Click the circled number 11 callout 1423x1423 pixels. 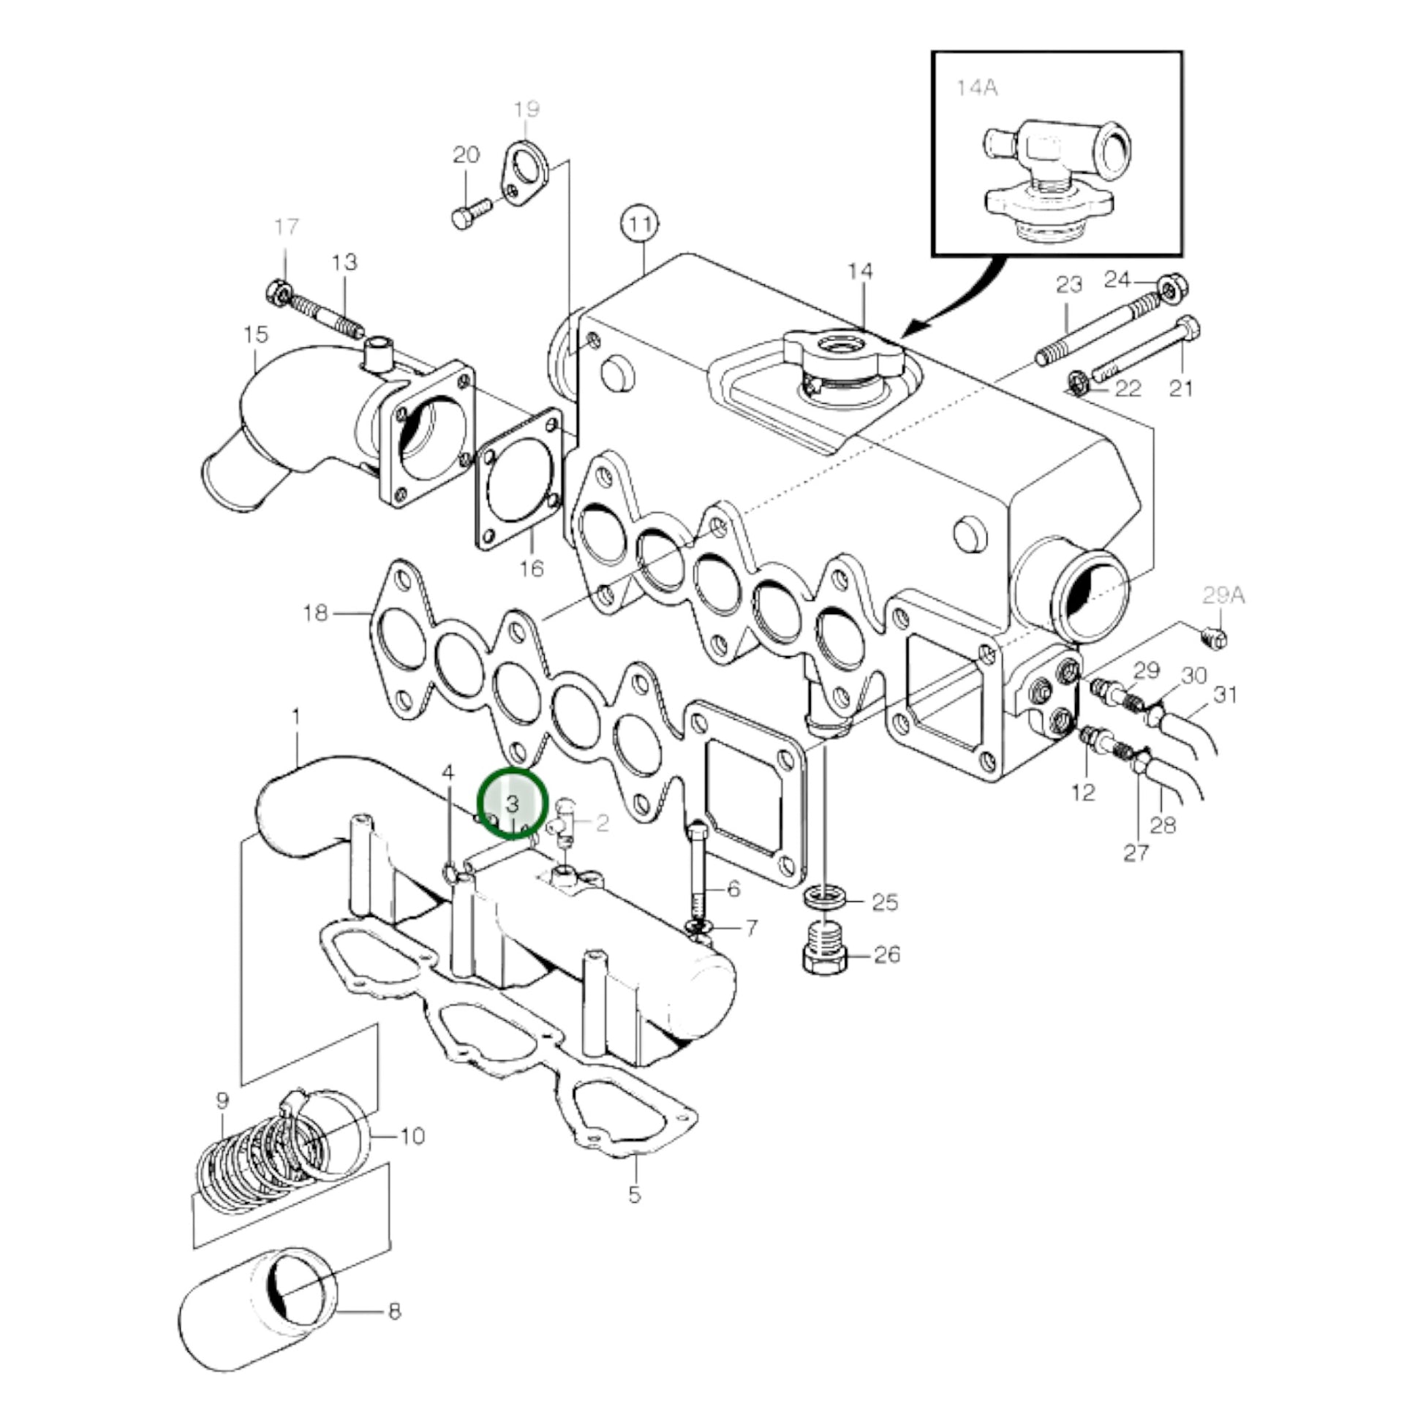coord(639,225)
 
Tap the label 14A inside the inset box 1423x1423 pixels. coord(977,88)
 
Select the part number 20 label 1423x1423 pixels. coord(466,155)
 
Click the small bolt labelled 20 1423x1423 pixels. coord(471,212)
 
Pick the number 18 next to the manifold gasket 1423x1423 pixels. coord(316,613)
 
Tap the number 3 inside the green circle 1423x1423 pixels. coord(513,803)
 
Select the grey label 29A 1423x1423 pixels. coord(1223,595)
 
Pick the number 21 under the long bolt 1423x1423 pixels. coord(1181,388)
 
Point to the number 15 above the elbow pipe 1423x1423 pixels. coord(257,334)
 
